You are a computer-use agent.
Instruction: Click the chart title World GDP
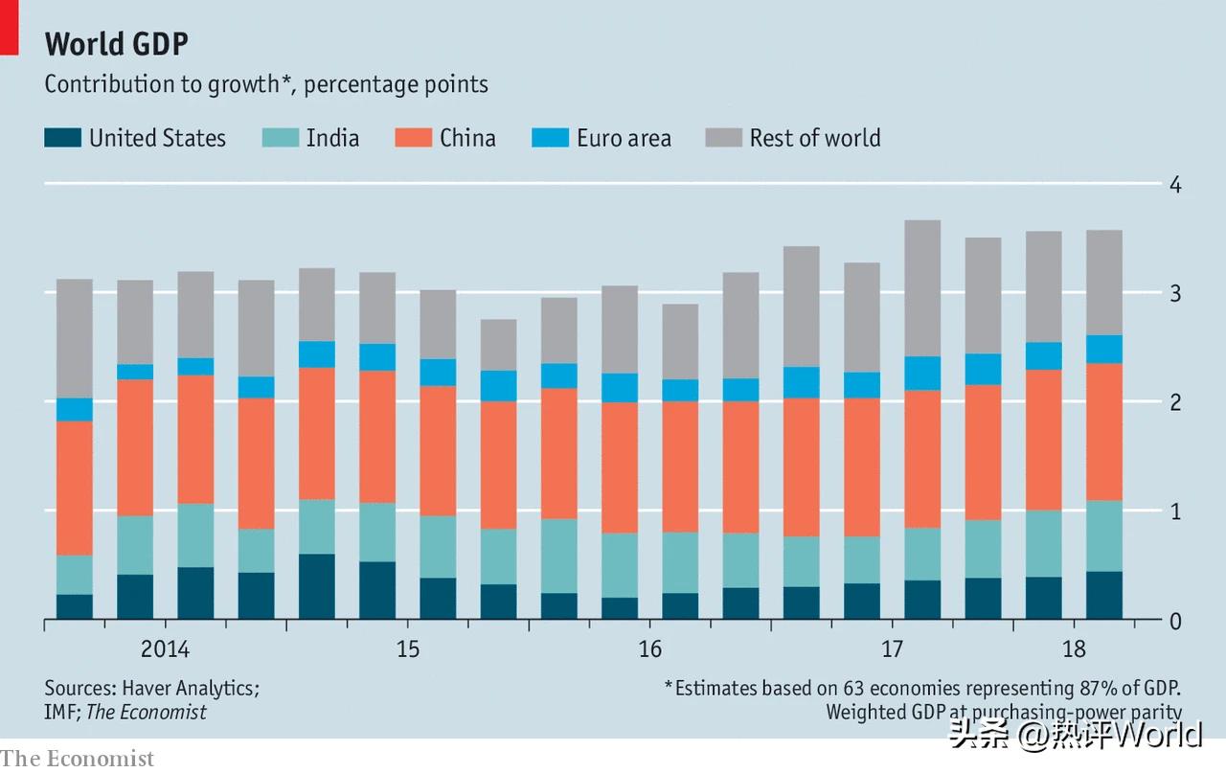coord(117,44)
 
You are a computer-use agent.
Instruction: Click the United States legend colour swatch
coord(62,138)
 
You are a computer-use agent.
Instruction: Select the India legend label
coord(332,138)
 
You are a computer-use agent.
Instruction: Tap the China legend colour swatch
coord(413,138)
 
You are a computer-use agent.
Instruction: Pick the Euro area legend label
coord(624,138)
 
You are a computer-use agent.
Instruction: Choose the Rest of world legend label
coord(815,138)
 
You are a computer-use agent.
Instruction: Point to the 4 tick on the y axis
coord(1175,184)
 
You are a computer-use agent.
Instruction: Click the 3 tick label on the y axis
coord(1175,293)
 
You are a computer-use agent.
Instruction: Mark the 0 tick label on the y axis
coord(1175,621)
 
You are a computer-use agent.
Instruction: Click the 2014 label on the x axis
coord(165,649)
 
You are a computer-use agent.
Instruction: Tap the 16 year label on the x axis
coord(649,649)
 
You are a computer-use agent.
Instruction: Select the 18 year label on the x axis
coord(1075,649)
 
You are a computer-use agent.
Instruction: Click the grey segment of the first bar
coord(75,338)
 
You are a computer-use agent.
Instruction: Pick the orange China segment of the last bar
coord(1103,431)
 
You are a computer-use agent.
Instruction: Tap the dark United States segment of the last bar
coord(1103,595)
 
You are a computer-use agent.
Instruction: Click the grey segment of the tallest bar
coord(922,288)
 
